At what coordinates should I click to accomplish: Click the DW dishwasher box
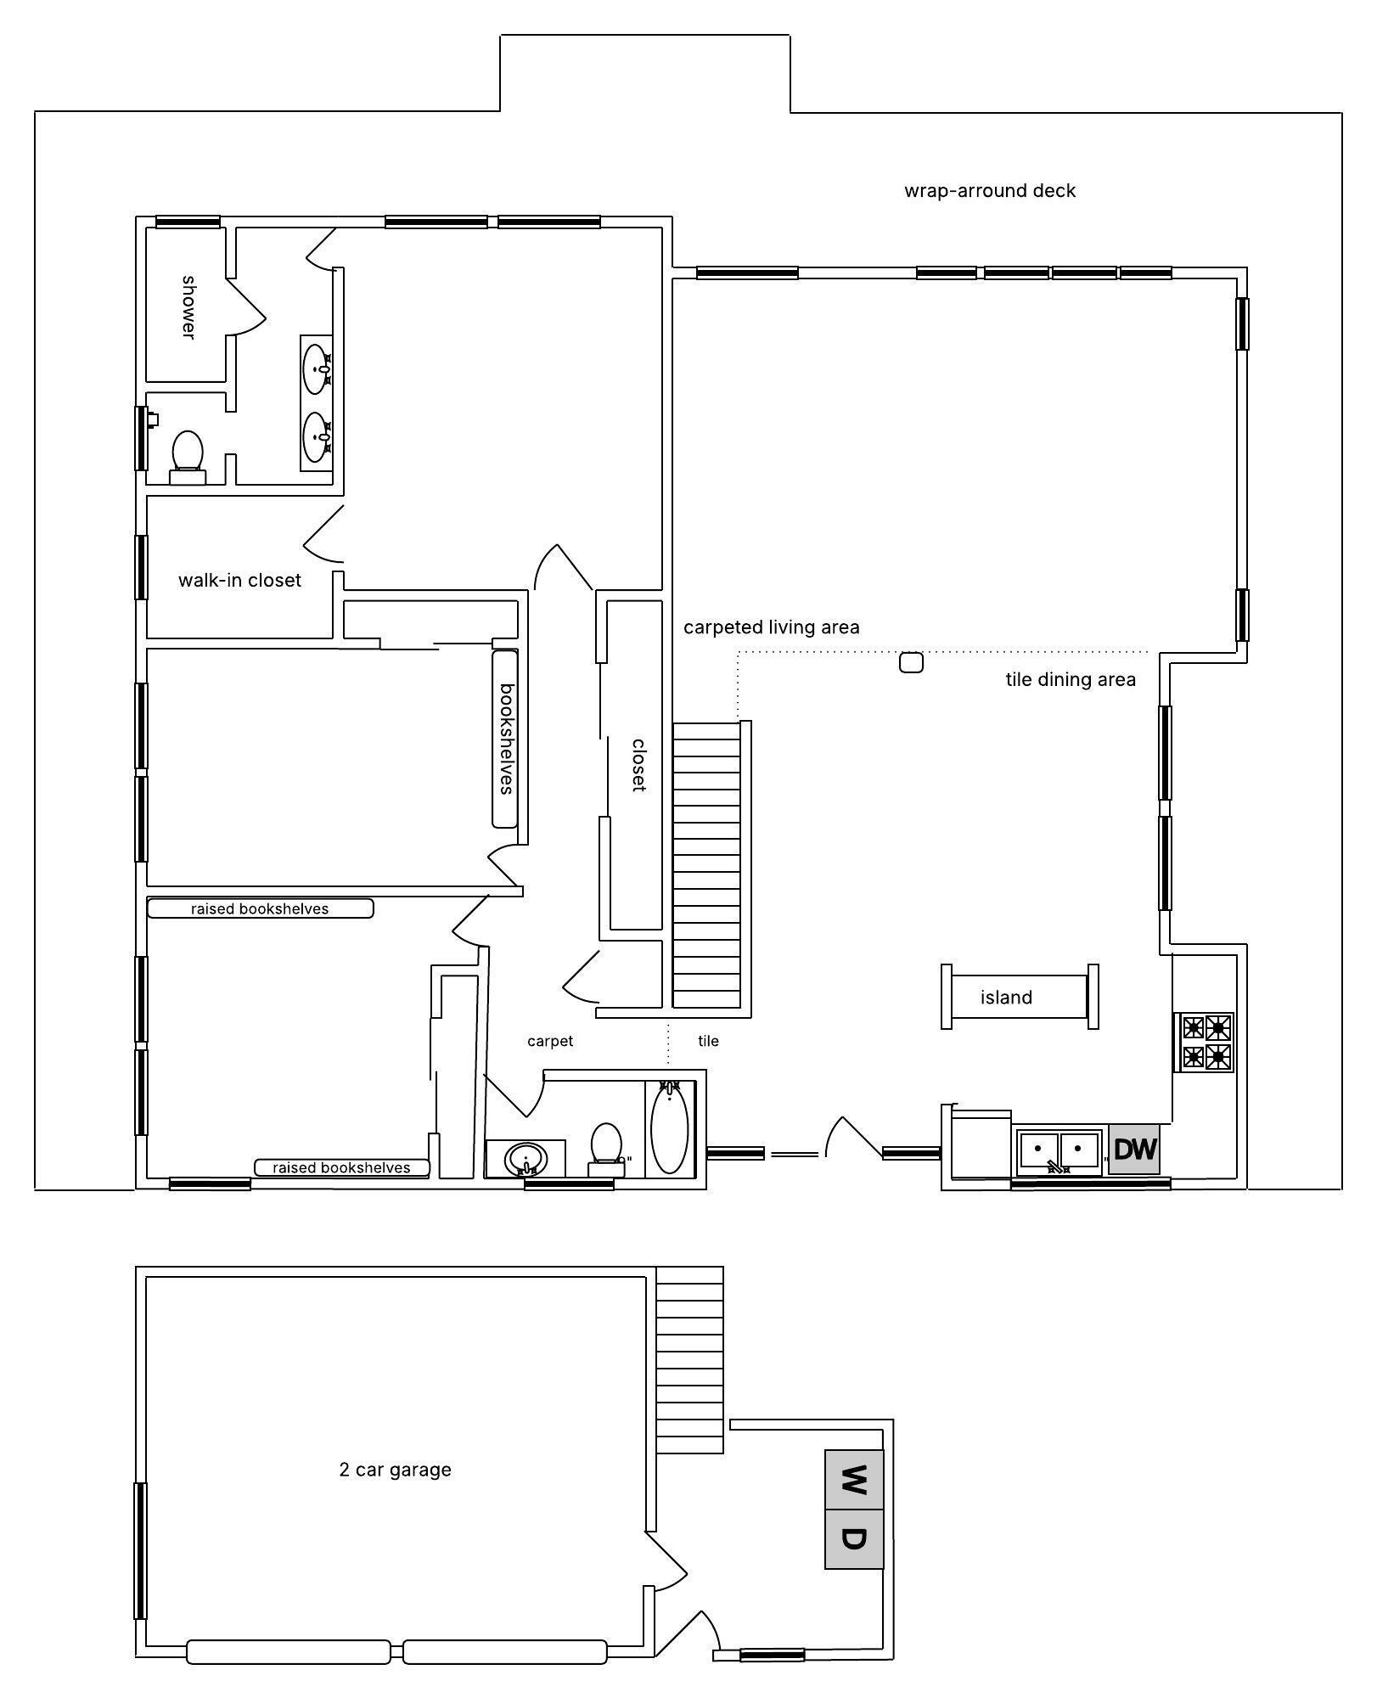coord(1134,1150)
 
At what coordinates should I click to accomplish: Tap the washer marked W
coord(854,1480)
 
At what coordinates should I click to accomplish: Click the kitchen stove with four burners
coord(1206,1043)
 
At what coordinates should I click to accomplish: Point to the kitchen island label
coord(1006,998)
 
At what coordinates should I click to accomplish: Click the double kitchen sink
coord(1059,1152)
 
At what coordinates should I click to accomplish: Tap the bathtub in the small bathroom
coord(670,1130)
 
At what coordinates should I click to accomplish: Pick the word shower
coord(188,306)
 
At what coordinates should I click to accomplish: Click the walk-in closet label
coord(239,581)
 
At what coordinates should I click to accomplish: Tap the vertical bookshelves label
coord(506,739)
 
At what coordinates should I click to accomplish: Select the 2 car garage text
coord(395,1470)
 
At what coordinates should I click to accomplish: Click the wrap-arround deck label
coord(990,191)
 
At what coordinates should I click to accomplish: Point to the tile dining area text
coord(1071,680)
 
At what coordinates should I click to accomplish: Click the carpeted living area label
coord(772,627)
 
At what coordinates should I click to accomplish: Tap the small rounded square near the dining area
coord(911,662)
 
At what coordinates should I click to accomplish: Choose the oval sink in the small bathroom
coord(525,1158)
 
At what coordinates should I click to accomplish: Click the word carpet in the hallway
coord(550,1041)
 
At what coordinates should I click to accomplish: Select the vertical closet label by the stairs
coord(638,765)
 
